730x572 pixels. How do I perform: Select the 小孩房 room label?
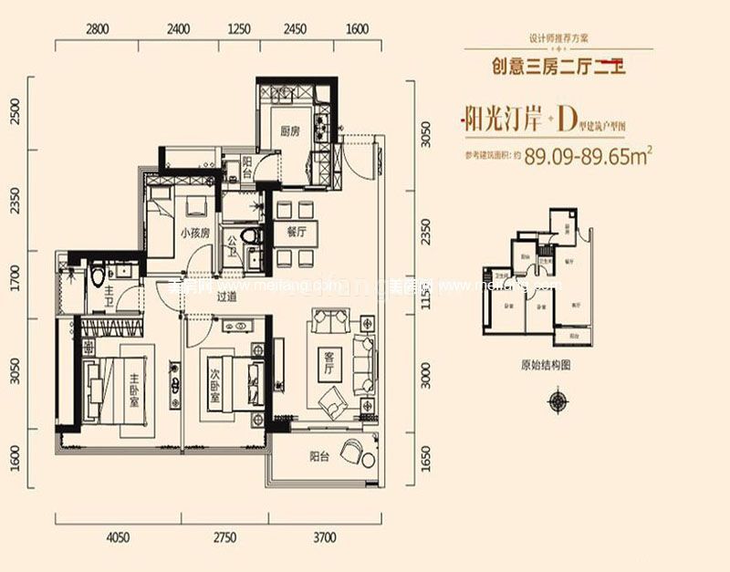pos(195,233)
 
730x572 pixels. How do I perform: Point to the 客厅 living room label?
pos(329,365)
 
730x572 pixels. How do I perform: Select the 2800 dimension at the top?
pos(98,28)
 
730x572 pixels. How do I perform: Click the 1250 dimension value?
pos(238,28)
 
